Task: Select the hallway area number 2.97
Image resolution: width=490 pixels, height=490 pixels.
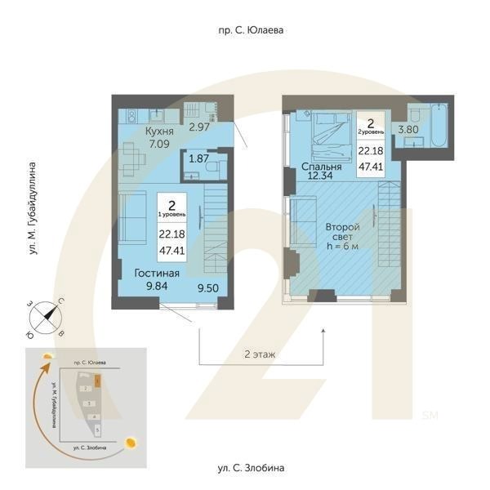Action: coord(201,127)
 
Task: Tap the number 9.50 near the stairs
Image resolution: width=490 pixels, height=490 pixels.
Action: coord(211,287)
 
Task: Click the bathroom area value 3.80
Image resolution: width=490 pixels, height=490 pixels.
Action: coord(408,128)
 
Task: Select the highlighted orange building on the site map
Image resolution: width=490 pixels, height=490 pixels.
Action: coord(96,380)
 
